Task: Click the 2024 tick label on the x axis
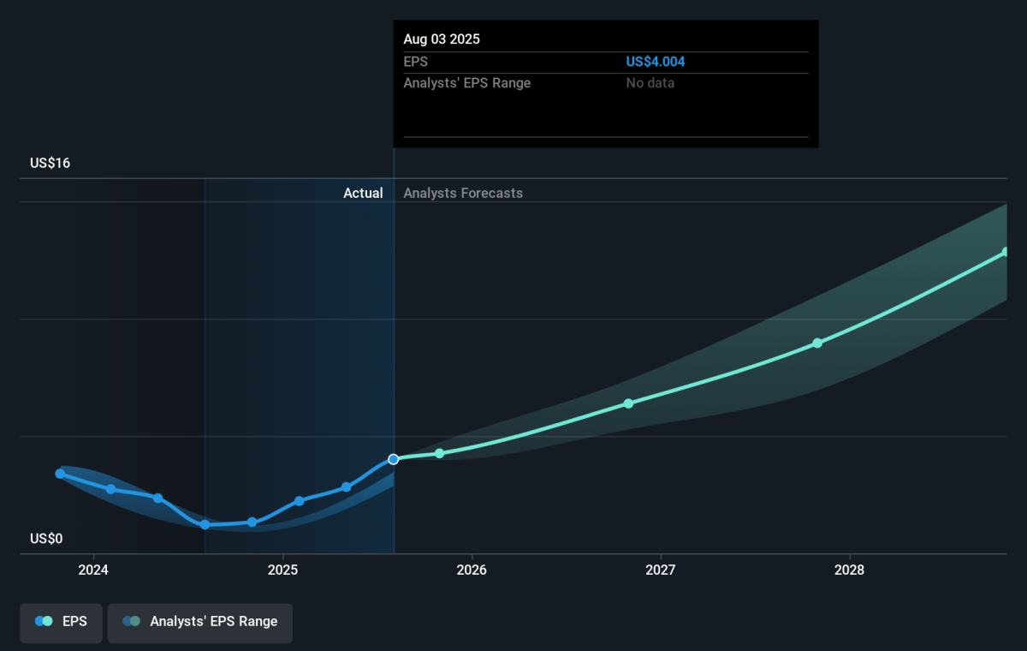(x=93, y=570)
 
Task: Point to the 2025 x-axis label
(x=282, y=570)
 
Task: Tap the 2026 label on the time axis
(x=472, y=570)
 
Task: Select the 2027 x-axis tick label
(x=660, y=570)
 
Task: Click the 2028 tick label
(x=849, y=570)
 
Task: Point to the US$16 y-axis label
(x=50, y=163)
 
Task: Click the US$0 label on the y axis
(x=46, y=538)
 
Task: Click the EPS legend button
(x=61, y=623)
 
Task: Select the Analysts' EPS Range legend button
(x=200, y=623)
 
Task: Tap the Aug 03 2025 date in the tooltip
(x=442, y=39)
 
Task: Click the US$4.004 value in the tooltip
(x=656, y=62)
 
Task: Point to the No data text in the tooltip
(x=650, y=83)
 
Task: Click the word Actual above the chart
(x=363, y=193)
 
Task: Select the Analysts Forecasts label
(x=463, y=193)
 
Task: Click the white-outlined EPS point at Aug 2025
(x=394, y=459)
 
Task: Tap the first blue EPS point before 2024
(x=60, y=474)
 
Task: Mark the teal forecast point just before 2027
(x=628, y=403)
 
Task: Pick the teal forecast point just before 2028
(x=817, y=343)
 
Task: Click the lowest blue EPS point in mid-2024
(x=205, y=524)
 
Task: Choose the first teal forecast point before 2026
(x=440, y=453)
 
